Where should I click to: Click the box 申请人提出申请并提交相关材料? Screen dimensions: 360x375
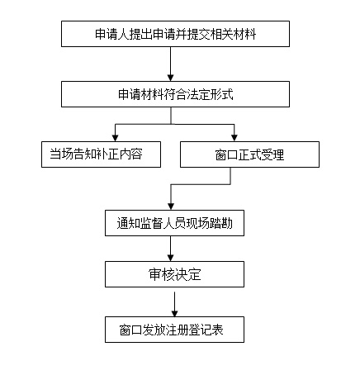[x=175, y=34]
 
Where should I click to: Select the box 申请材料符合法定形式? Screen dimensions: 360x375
[x=175, y=94]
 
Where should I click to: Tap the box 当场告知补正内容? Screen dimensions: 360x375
[x=101, y=154]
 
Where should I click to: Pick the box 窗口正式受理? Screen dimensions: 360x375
[x=249, y=154]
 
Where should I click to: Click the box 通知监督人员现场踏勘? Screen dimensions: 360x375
[x=174, y=223]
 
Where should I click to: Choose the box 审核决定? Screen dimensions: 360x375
[x=174, y=274]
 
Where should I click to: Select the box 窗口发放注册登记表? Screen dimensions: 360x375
[x=174, y=330]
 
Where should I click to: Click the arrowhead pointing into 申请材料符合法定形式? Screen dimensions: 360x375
[x=171, y=78]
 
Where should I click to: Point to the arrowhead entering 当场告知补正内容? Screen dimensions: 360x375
[x=116, y=138]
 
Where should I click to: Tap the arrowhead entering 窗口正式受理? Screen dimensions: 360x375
[x=234, y=138]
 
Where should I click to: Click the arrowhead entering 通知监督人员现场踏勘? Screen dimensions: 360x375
[x=171, y=206]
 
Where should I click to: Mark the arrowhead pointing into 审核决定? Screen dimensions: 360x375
[x=171, y=258]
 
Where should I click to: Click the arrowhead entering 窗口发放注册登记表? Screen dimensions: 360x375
[x=174, y=313]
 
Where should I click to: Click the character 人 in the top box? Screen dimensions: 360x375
[x=124, y=34]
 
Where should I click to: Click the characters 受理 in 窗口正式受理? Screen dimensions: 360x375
[x=272, y=154]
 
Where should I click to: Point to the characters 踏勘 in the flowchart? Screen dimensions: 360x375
[x=221, y=223]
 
